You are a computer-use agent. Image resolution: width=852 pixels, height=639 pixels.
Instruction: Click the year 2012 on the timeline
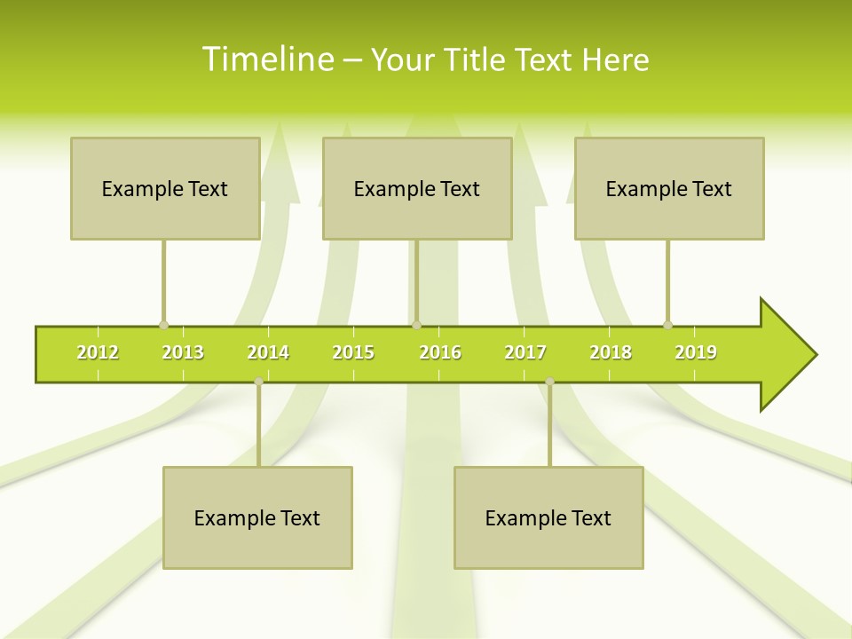98,352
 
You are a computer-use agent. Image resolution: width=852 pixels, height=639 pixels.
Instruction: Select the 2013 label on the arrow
183,352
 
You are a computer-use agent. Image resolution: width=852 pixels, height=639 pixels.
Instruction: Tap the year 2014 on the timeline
268,352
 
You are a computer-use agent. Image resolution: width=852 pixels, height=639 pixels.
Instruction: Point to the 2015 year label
353,352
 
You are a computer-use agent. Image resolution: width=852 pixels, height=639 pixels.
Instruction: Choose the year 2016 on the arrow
440,352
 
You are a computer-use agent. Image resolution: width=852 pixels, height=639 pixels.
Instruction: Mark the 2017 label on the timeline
525,352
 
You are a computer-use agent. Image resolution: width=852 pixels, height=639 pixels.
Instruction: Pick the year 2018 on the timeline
611,352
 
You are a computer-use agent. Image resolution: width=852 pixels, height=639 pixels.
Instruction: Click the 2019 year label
696,352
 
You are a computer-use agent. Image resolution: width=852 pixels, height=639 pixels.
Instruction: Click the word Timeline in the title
265,59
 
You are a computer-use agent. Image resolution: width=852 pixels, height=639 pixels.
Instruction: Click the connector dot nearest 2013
163,326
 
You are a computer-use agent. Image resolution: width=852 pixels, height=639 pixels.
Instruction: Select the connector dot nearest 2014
258,382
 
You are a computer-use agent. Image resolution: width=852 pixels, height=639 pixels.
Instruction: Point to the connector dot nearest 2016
416,326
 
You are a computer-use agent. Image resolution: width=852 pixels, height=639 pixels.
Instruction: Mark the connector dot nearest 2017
549,382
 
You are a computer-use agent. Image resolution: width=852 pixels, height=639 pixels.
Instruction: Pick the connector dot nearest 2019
667,326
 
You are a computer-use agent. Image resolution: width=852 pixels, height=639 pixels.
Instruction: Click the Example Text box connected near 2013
165,188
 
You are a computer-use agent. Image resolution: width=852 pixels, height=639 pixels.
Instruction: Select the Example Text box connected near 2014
257,517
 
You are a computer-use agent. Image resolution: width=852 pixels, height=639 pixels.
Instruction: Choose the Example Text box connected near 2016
417,188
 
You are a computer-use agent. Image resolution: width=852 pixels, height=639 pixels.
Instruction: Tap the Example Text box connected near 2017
548,517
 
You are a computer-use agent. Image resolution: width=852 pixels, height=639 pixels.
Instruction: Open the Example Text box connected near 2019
669,188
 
